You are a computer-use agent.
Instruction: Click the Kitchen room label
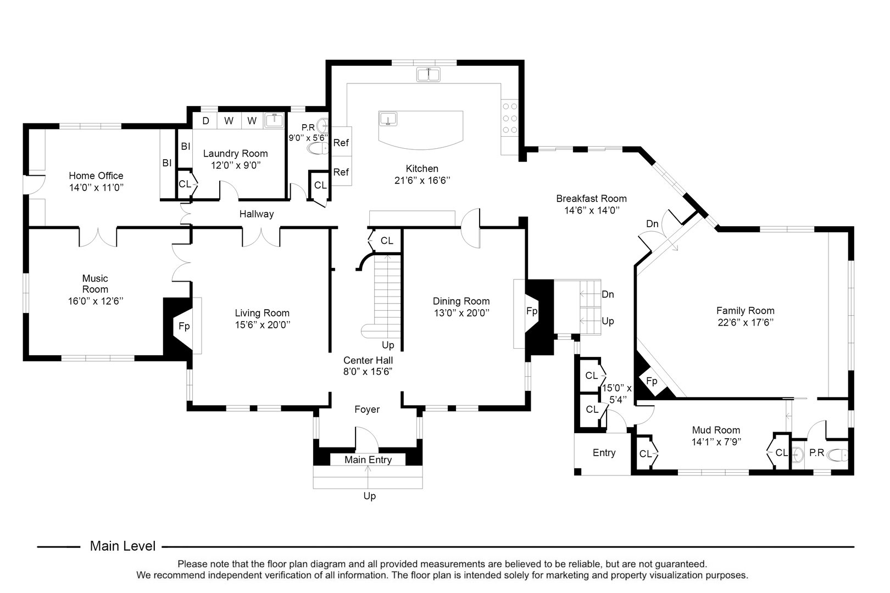[x=422, y=169]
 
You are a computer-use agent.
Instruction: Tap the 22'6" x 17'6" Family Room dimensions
[x=745, y=323]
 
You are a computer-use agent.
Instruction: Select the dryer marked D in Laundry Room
[x=206, y=121]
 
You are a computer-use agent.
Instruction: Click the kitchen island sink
[x=388, y=119]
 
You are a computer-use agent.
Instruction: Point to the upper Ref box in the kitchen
[x=341, y=143]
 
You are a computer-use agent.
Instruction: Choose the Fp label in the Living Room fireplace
[x=184, y=326]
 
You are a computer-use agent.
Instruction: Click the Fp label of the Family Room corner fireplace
[x=652, y=381]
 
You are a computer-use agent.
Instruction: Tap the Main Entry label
[x=368, y=460]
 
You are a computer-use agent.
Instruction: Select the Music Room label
[x=95, y=284]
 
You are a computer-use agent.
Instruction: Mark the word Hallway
[x=256, y=214]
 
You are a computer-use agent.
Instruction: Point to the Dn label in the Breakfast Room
[x=652, y=223]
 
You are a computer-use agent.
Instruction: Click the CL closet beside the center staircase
[x=387, y=240]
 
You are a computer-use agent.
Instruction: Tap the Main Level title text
[x=123, y=546]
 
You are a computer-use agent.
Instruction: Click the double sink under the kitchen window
[x=429, y=74]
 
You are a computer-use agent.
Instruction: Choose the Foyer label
[x=367, y=410]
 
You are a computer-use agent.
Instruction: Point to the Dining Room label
[x=461, y=301]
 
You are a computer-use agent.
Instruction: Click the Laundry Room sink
[x=274, y=120]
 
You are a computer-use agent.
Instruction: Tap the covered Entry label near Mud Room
[x=604, y=453]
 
